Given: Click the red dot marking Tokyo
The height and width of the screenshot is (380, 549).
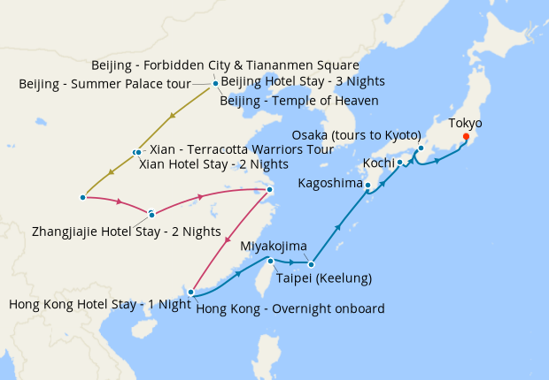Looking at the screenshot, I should pyautogui.click(x=466, y=136).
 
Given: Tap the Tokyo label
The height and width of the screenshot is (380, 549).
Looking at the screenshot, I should pyautogui.click(x=466, y=122).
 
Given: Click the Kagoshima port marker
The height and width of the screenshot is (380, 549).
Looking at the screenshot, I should pyautogui.click(x=367, y=185).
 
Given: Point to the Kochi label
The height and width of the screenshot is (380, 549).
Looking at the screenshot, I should pyautogui.click(x=378, y=163).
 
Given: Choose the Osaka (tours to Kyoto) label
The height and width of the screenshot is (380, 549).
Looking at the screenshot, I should pyautogui.click(x=355, y=135).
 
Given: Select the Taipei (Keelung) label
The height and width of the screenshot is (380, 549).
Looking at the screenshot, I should pyautogui.click(x=323, y=278).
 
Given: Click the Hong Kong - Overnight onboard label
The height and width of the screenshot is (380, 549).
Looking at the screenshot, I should pyautogui.click(x=290, y=308).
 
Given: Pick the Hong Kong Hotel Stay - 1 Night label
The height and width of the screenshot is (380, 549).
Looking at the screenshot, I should pyautogui.click(x=99, y=304).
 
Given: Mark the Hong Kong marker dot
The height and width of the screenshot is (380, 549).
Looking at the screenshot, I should pyautogui.click(x=191, y=291).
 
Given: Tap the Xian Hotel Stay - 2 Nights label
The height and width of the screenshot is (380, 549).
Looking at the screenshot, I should pyautogui.click(x=213, y=164).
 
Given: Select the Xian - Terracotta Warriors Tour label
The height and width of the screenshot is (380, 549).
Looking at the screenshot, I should pyautogui.click(x=242, y=149).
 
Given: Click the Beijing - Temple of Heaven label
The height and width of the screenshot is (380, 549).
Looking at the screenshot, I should pyautogui.click(x=299, y=101).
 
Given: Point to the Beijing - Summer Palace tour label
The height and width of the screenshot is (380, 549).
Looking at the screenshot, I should pyautogui.click(x=104, y=85).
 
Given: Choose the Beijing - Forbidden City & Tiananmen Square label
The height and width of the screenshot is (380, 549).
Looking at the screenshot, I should pyautogui.click(x=225, y=65).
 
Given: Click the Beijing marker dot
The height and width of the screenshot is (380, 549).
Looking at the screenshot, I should pyautogui.click(x=215, y=84).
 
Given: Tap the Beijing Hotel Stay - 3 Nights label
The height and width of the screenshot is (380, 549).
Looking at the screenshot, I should pyautogui.click(x=302, y=81).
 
